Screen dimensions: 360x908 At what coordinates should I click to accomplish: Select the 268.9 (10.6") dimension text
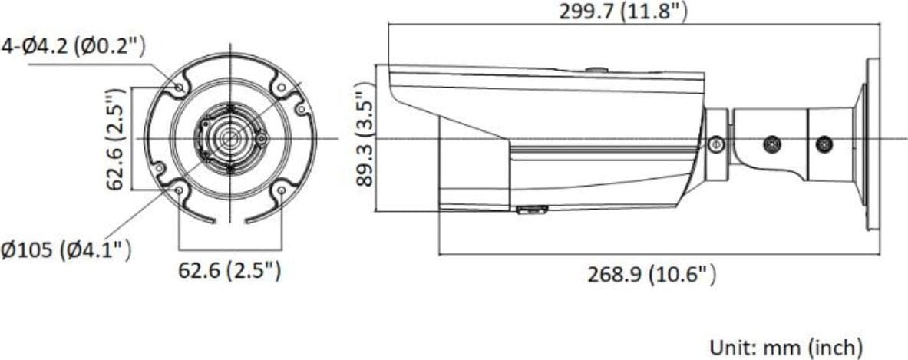[x=652, y=273]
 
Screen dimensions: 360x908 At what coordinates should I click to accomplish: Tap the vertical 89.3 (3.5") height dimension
[x=365, y=138]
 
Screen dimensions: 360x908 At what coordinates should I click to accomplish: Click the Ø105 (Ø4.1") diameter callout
[x=65, y=250]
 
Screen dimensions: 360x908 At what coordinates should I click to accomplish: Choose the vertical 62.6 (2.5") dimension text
[x=115, y=138]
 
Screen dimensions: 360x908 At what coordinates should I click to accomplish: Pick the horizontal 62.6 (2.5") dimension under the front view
[x=229, y=270]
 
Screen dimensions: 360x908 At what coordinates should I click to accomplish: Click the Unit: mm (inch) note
[x=786, y=346]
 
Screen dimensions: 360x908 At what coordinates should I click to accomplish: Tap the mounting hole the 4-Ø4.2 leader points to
[x=179, y=89]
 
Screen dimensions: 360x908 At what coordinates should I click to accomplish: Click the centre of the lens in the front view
[x=229, y=139]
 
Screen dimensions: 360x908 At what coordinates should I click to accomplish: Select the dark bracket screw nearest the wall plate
[x=824, y=143]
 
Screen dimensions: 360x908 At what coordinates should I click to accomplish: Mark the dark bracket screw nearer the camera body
[x=771, y=143]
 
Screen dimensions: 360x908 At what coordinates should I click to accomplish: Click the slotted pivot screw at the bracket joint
[x=715, y=143]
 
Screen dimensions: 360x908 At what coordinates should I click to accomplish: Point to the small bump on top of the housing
[x=596, y=71]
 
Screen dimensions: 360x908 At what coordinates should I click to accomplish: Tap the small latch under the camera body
[x=530, y=209]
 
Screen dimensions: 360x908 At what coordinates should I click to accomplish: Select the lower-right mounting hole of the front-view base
[x=281, y=190]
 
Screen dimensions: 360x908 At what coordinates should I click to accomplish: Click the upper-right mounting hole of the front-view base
[x=281, y=89]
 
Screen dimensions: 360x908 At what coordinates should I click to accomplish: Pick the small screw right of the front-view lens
[x=262, y=139]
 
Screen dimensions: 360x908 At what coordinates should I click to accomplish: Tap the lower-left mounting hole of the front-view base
[x=179, y=190]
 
